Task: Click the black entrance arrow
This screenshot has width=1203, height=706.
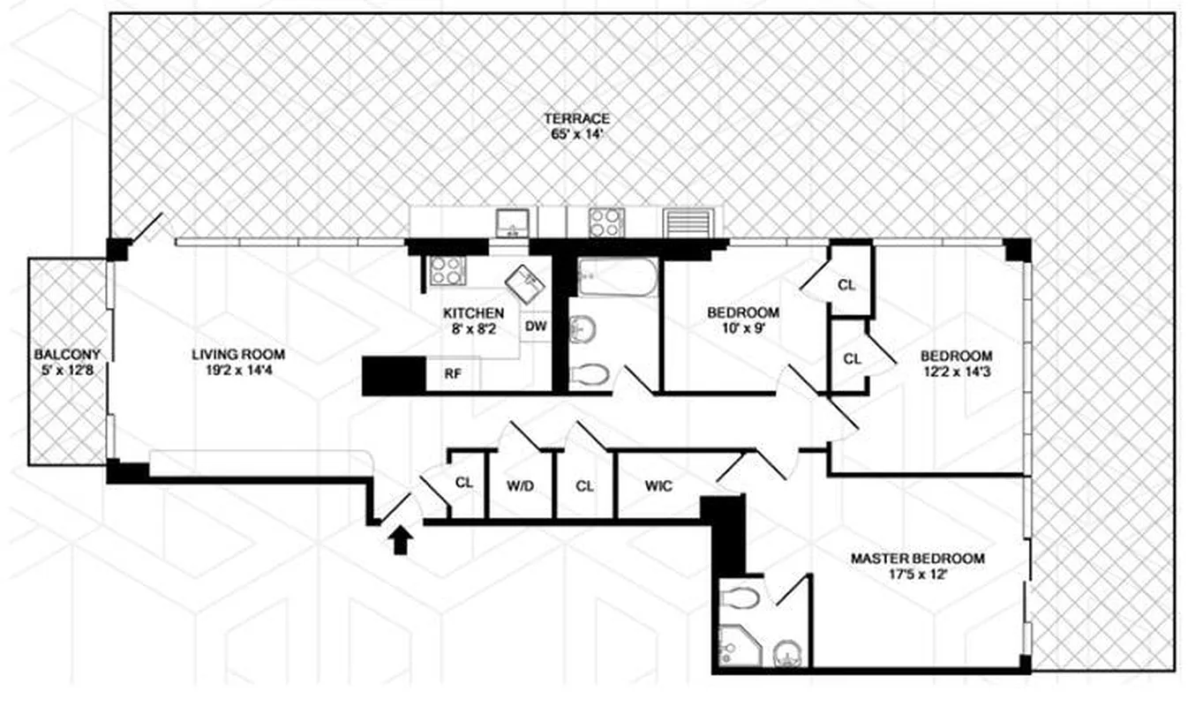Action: point(400,538)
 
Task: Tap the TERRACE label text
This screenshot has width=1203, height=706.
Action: point(576,118)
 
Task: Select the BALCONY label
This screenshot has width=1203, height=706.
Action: point(67,355)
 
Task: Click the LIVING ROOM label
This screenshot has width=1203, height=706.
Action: point(238,355)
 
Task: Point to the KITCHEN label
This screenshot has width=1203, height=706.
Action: point(473,313)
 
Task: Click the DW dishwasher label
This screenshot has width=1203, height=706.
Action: point(536,327)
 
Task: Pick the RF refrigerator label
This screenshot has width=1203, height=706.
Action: point(452,374)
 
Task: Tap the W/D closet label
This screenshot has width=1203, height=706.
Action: point(520,484)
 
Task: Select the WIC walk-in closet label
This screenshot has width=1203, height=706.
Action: point(658,484)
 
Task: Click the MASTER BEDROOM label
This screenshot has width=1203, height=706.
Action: point(917,559)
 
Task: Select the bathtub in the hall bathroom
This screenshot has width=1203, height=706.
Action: point(617,278)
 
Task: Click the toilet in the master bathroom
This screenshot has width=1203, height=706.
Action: point(741,598)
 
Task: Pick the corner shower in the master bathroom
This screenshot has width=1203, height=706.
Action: point(734,645)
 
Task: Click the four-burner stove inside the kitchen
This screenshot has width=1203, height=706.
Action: point(446,270)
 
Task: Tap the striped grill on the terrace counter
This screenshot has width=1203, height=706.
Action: point(686,222)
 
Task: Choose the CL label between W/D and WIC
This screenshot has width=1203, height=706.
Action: point(584,484)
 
